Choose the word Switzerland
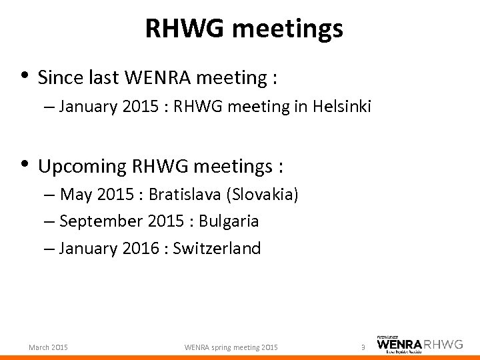coord(217,249)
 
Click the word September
coord(100,221)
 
